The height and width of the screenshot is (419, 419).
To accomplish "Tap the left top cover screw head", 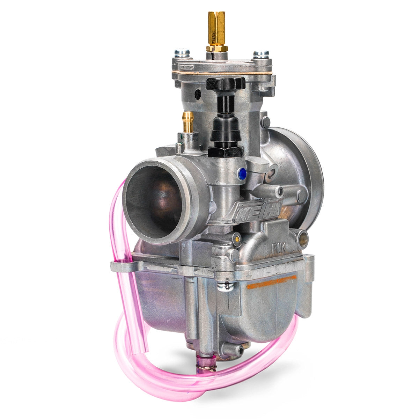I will pos(182,53).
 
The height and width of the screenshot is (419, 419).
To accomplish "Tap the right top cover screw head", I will pos(261,54).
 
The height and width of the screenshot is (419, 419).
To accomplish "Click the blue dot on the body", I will pos(241,174).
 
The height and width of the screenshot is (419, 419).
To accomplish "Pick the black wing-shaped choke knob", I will pos(226,84).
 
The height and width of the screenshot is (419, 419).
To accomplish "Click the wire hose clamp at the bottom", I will pos(206,365).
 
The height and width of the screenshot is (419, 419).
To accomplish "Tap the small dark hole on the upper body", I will pos(198,94).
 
